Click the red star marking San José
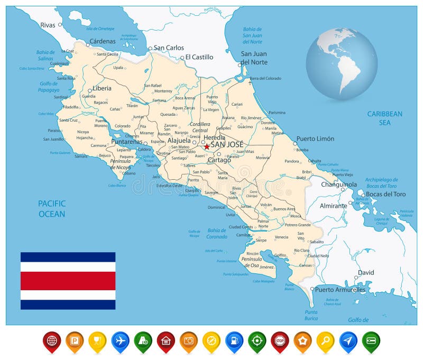(x=207, y=146)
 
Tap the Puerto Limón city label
(x=315, y=139)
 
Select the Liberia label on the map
(x=102, y=88)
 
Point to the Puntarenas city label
(x=126, y=142)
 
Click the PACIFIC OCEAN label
(x=52, y=209)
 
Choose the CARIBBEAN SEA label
(x=385, y=118)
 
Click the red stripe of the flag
(x=68, y=281)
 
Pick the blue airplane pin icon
(x=121, y=339)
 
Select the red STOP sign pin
(x=280, y=339)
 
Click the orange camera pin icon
(x=189, y=339)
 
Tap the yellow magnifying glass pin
(x=325, y=339)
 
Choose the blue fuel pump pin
(x=234, y=339)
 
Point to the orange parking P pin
(x=75, y=339)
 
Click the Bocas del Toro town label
(x=386, y=194)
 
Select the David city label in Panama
(x=365, y=273)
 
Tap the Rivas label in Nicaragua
(x=48, y=25)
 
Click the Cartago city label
(x=219, y=160)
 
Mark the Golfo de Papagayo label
(x=49, y=86)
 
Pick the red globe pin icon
(x=52, y=339)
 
